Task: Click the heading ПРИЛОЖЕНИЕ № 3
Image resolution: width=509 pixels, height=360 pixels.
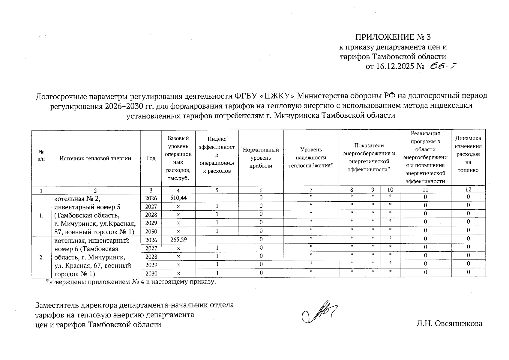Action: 393,37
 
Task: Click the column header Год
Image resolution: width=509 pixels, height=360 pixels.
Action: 151,158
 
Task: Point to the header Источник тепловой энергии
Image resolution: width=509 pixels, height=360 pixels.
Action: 95,158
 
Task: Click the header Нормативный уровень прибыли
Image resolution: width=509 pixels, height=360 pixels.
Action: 261,157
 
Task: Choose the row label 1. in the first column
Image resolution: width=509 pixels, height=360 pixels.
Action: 41,215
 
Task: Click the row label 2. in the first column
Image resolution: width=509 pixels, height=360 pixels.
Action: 41,257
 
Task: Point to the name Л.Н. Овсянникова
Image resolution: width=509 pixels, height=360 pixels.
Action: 449,323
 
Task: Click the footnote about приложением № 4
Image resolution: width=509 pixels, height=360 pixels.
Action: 130,282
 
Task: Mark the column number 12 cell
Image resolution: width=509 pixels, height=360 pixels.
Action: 468,190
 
